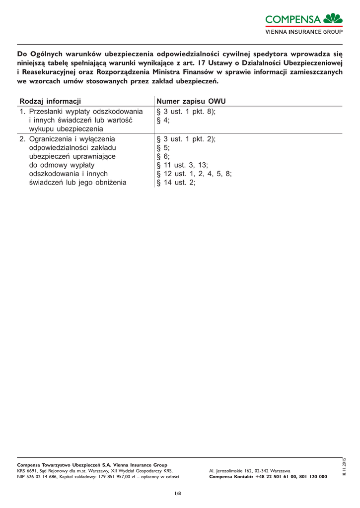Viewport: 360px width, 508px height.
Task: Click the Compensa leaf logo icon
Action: point(333,19)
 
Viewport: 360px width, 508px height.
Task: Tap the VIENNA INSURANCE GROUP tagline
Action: point(304,32)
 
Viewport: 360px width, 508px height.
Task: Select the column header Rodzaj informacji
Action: point(50,101)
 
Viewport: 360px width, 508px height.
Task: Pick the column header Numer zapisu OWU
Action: point(191,101)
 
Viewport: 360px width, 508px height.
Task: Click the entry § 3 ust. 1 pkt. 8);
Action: point(186,112)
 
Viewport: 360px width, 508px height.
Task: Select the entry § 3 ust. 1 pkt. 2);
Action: point(186,139)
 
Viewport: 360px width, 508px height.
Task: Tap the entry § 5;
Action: point(163,148)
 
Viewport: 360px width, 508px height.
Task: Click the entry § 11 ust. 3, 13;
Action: point(182,165)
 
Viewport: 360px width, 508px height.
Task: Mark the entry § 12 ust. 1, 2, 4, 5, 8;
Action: point(194,174)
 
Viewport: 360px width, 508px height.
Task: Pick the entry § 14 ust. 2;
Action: point(176,183)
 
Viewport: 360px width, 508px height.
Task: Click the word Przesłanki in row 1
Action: point(49,112)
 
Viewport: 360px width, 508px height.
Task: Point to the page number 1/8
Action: point(177,493)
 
